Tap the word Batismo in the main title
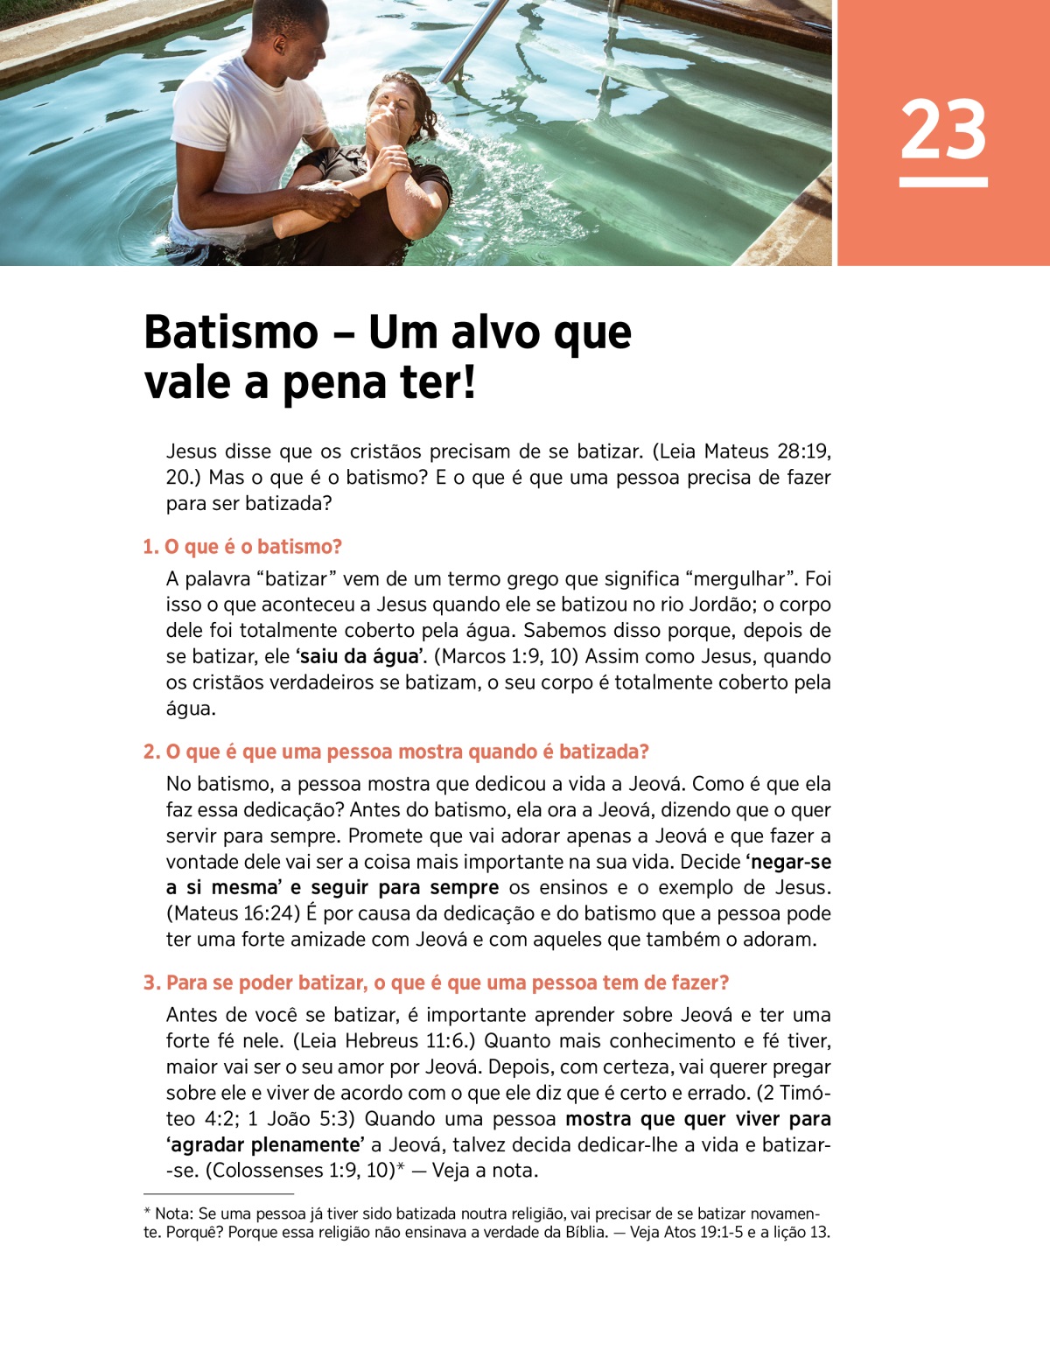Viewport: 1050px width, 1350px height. (231, 332)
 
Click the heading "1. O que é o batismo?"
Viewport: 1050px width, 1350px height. (242, 547)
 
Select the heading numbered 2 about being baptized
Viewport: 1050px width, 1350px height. (395, 752)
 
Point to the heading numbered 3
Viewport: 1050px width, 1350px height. (436, 983)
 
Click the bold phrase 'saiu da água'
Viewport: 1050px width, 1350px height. (360, 656)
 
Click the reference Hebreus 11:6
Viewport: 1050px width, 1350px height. (407, 1041)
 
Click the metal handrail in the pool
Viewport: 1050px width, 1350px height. (473, 39)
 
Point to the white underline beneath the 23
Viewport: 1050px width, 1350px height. (943, 182)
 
